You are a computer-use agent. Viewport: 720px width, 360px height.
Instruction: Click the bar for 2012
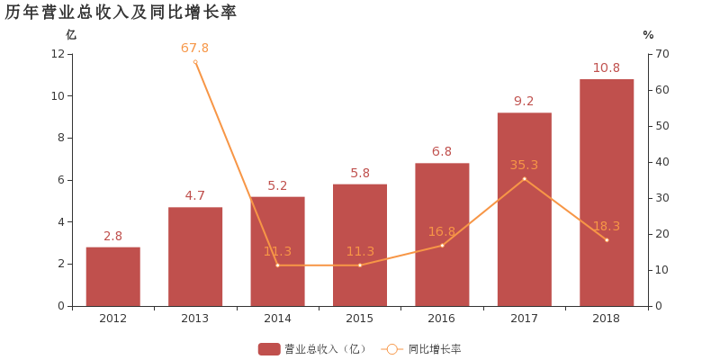tap(112, 276)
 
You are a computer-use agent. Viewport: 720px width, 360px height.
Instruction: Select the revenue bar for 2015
tap(360, 245)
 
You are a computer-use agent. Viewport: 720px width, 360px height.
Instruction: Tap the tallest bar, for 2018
tap(607, 193)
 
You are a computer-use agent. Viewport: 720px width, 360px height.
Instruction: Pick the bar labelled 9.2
tap(524, 209)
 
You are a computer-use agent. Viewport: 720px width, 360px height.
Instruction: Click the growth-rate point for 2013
tap(195, 62)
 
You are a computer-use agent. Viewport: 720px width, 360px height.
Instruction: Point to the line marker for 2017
tap(524, 179)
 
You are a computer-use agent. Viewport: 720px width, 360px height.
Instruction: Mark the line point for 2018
tap(607, 240)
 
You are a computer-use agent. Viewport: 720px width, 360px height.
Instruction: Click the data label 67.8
tap(194, 48)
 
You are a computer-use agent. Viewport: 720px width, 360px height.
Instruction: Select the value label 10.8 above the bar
tap(607, 67)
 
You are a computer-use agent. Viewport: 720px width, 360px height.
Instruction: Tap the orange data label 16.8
tap(442, 231)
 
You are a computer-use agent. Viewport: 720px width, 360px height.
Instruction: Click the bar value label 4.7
tap(195, 195)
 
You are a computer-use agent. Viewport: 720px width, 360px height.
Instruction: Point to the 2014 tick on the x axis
tap(277, 319)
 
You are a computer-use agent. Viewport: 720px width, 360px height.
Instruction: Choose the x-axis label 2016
tap(442, 319)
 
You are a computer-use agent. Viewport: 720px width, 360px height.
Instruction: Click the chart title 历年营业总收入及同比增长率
tap(121, 12)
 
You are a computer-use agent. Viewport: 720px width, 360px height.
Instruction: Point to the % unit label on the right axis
tap(648, 34)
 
